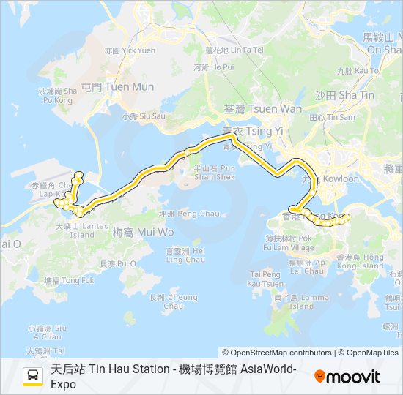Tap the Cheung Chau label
(173, 301)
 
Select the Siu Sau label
(144, 116)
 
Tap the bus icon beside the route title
(33, 377)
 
